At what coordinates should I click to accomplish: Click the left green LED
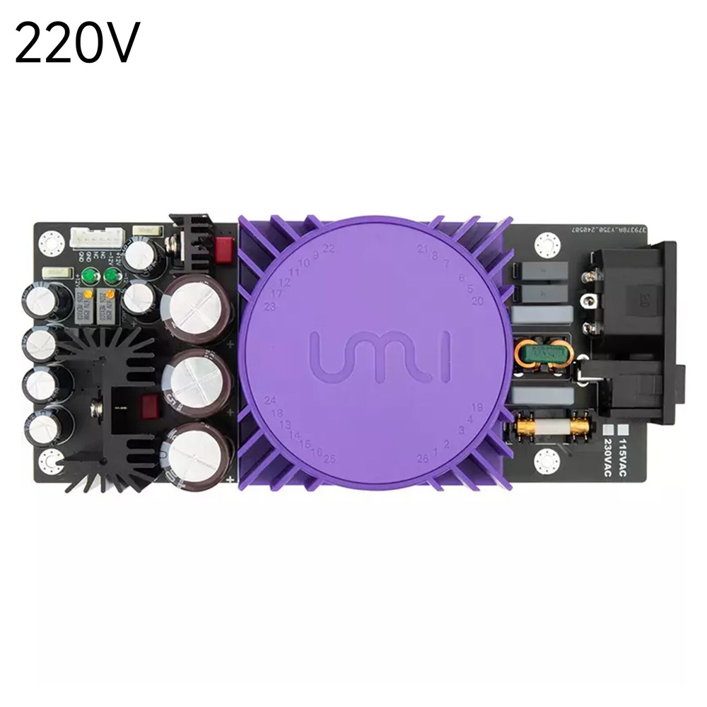[89, 276]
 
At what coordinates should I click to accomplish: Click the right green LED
[111, 276]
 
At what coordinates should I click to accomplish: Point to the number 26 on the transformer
[422, 458]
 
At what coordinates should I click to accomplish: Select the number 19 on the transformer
[477, 407]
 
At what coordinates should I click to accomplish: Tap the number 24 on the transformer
[269, 400]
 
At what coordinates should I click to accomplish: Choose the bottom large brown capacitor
[196, 453]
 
